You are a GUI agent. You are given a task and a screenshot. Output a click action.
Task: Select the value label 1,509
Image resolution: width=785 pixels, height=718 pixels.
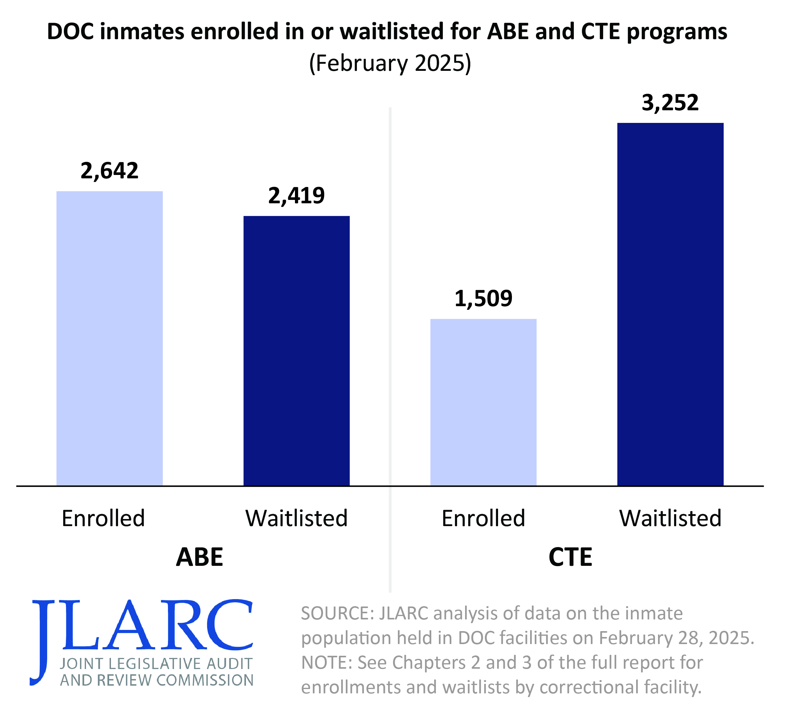483,299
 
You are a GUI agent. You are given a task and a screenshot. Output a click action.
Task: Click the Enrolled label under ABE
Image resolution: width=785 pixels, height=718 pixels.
103,518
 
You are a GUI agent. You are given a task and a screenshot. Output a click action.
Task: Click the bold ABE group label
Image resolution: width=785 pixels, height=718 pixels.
199,557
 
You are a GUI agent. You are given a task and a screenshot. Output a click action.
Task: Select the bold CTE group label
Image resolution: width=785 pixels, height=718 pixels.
570,557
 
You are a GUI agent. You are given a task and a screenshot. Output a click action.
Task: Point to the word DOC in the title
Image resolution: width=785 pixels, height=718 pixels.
70,32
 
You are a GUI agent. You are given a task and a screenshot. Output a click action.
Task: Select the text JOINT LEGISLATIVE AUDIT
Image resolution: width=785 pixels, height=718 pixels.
156,664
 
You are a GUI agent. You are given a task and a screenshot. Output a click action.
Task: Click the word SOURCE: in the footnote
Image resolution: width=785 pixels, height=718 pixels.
337,613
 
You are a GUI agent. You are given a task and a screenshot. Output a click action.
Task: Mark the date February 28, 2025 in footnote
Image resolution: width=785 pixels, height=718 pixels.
676,638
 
